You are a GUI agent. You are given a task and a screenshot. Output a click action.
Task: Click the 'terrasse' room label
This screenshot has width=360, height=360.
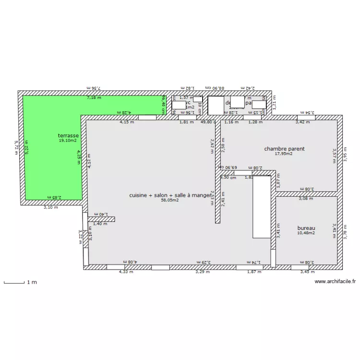pyautogui.click(x=69, y=136)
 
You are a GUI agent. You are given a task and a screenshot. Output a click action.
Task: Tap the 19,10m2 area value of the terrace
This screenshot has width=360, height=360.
pyautogui.click(x=69, y=141)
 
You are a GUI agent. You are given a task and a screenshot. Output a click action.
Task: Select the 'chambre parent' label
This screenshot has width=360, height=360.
pyautogui.click(x=284, y=149)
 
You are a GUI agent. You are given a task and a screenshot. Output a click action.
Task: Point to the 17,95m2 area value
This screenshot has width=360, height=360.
pyautogui.click(x=284, y=154)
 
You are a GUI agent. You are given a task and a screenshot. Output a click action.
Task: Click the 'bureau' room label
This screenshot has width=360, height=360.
pyautogui.click(x=306, y=228)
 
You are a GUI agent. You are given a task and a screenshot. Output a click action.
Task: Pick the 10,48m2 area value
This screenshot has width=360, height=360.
pyautogui.click(x=306, y=233)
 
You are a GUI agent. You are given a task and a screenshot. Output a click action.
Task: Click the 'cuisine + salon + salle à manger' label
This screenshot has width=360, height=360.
pyautogui.click(x=170, y=195)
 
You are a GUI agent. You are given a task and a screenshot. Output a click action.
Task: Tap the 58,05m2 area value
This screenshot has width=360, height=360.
pyautogui.click(x=170, y=201)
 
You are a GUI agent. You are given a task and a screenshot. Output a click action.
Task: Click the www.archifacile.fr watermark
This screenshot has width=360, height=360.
pyautogui.click(x=335, y=282)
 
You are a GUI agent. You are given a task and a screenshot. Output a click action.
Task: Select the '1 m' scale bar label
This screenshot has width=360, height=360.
pyautogui.click(x=32, y=283)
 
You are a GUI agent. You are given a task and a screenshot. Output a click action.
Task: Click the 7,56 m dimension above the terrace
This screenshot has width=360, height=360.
pyautogui.click(x=95, y=88)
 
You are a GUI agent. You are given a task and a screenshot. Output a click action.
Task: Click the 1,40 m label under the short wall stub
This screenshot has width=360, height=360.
pyautogui.click(x=100, y=224)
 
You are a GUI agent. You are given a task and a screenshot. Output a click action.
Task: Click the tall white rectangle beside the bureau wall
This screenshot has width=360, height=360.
pyautogui.click(x=262, y=206)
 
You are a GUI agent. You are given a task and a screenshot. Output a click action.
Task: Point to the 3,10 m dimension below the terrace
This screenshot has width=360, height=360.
pyautogui.click(x=50, y=208)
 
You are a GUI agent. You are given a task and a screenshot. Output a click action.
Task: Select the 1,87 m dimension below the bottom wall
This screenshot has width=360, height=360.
pyautogui.click(x=254, y=272)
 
